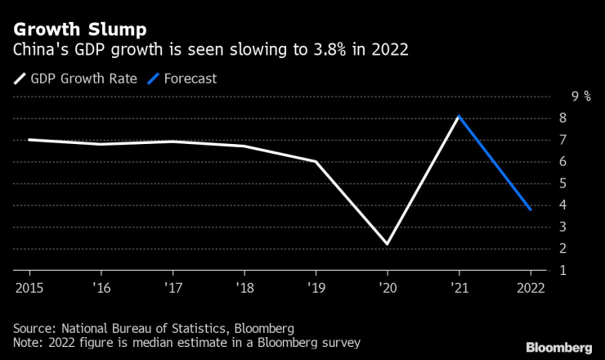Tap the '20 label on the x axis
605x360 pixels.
coord(387,286)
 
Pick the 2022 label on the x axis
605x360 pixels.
coord(531,286)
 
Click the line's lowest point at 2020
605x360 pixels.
coord(387,244)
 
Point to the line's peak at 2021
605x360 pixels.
coord(459,116)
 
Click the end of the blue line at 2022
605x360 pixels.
coord(531,209)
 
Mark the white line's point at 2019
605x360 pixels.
coord(316,161)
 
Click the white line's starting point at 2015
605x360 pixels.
coord(29,140)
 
